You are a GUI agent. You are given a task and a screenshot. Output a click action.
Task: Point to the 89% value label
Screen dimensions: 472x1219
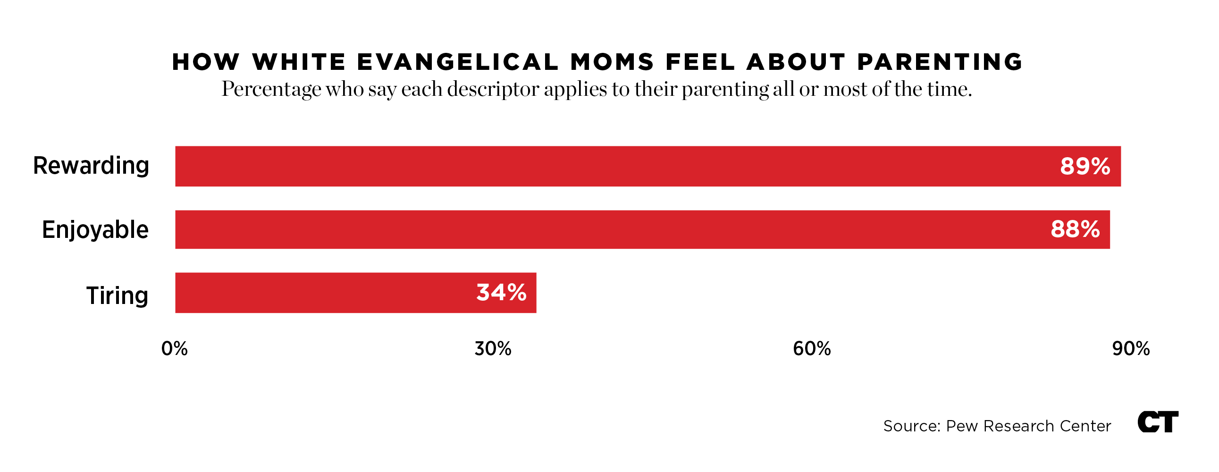[1084, 166]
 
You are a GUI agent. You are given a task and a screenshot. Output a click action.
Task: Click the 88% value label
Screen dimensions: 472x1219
[1075, 229]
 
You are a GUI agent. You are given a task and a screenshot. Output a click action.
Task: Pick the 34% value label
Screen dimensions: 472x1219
[501, 293]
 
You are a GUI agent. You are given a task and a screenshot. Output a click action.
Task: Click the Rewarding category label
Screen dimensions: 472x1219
[91, 166]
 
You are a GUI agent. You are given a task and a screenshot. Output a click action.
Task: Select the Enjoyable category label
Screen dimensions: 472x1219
[95, 230]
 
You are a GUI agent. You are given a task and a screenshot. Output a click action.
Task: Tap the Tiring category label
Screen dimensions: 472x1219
[117, 295]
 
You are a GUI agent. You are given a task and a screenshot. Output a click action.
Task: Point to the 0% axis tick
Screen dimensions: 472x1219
[175, 349]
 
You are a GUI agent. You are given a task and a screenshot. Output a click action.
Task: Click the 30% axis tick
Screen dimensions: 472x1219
[493, 349]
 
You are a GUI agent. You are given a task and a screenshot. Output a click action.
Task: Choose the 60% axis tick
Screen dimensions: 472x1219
[812, 349]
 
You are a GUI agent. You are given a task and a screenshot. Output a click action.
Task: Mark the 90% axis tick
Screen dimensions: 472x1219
[1131, 349]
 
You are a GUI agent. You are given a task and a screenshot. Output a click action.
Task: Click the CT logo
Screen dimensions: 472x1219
[1158, 421]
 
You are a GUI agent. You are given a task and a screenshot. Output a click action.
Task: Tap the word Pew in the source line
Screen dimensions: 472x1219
[962, 426]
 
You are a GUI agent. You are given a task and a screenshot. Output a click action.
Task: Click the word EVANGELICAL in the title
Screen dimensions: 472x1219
[458, 62]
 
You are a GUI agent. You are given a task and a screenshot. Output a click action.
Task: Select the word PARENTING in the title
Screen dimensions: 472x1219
[940, 62]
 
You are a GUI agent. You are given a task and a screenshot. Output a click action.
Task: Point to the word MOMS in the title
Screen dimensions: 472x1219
[613, 62]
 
